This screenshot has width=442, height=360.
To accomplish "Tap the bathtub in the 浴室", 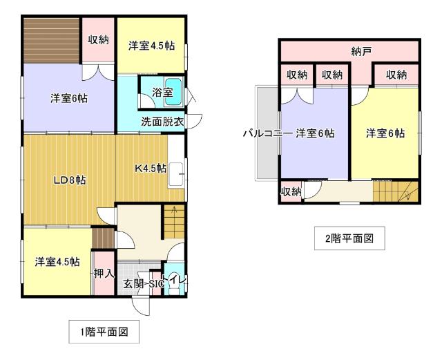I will tap(173, 90).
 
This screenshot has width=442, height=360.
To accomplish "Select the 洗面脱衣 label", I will tap(162, 122).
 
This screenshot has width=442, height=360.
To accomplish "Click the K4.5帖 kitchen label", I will tap(150, 168).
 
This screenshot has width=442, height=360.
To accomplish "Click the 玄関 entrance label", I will tap(132, 283).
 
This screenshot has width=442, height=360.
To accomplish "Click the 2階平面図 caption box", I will tap(349, 239).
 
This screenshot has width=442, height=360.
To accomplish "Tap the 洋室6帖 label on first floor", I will tap(68, 98).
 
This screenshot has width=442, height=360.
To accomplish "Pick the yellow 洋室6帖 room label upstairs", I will tap(385, 133).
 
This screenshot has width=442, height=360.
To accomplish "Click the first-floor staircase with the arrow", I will tap(174, 220).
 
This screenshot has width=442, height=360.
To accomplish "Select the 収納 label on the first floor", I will tap(98, 39).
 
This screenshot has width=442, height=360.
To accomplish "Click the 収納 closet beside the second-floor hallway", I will tap(291, 191).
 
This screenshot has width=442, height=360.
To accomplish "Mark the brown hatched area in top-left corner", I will tap(51, 40).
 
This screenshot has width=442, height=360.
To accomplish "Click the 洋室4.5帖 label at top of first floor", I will tap(151, 46).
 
